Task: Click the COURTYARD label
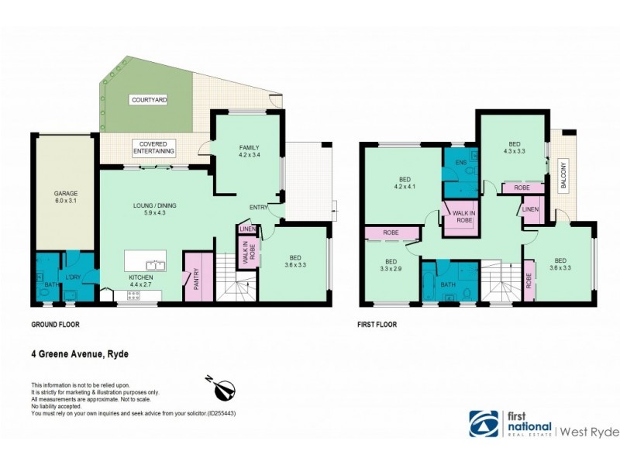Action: point(150,101)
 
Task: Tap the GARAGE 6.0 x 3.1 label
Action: point(65,198)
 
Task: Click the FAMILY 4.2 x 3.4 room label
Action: point(249,151)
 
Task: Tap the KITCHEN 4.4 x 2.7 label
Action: point(142,281)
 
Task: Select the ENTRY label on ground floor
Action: point(259,208)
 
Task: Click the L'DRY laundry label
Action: point(74,277)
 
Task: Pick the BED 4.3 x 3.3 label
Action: point(515,149)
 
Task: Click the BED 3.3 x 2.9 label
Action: point(391,266)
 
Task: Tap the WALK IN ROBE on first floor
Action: point(463,217)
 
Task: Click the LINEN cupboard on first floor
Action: point(531,210)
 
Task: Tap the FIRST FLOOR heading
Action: point(377,325)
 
